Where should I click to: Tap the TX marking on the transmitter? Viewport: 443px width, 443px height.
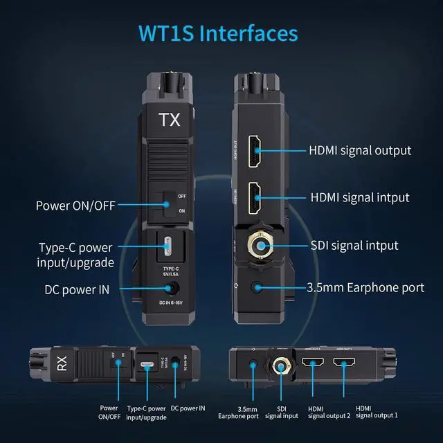pos(170,120)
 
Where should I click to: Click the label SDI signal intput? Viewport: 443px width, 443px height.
pos(353,246)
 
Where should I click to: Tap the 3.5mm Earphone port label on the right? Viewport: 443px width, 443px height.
pos(365,287)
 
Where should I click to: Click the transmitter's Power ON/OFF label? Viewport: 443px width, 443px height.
pos(75,205)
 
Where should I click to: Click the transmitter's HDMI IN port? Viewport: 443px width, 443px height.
pos(255,197)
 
